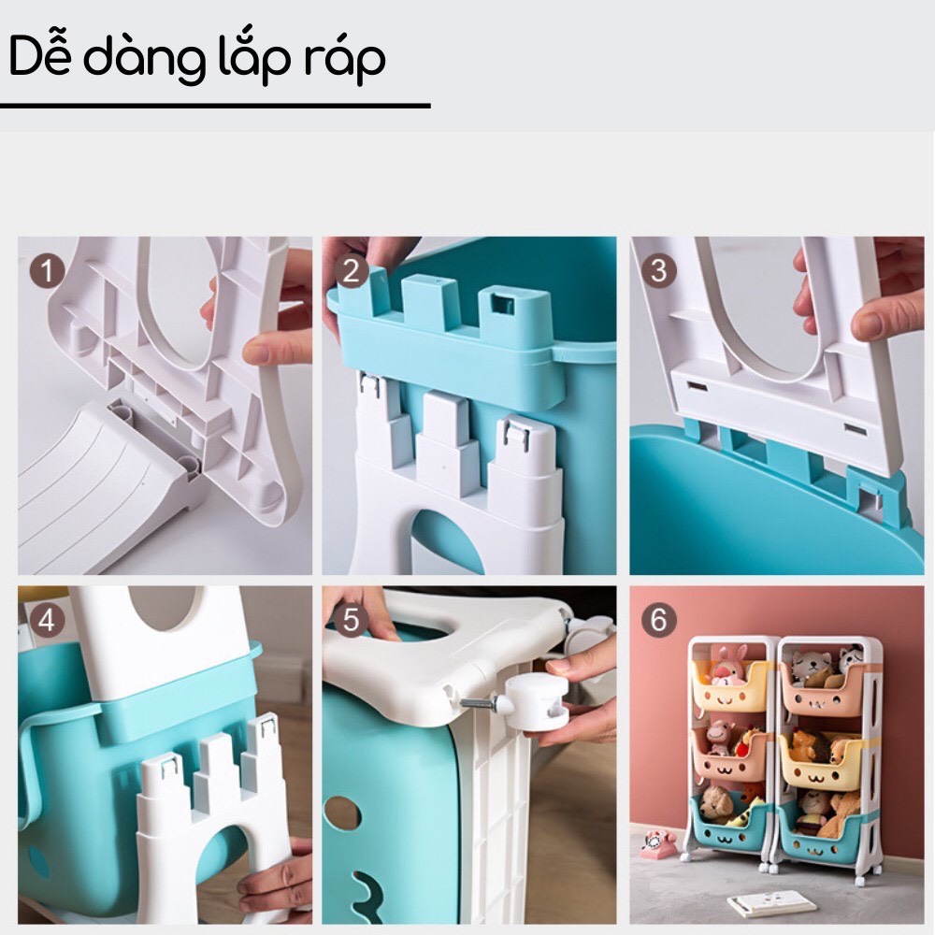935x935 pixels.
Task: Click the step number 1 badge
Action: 47,272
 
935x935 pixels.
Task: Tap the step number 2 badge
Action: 352,271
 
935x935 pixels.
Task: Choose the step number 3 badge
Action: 659,271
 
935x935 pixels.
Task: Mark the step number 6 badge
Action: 659,620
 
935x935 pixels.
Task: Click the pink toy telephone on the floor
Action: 657,843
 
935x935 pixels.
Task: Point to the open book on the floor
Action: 771,902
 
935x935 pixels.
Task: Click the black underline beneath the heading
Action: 215,107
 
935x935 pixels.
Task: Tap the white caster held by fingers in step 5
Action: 538,703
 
